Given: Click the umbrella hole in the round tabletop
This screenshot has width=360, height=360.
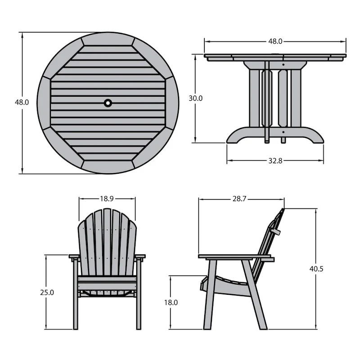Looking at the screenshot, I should tap(108, 103).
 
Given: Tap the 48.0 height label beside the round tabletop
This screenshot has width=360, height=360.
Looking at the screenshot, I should tap(22, 102).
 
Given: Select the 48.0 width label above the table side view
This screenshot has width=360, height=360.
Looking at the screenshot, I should tap(275, 41).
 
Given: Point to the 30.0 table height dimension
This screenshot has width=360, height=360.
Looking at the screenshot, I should tap(195, 98).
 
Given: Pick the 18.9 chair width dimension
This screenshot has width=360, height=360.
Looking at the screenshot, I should tap(107, 198).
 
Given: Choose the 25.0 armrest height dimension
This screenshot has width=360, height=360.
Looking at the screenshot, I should tap(47, 292).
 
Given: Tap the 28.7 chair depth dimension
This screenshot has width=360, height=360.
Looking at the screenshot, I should tap(239, 198).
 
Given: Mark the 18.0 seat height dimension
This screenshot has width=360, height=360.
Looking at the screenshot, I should tap(171, 302).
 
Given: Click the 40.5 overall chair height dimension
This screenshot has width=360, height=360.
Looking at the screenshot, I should tap(316, 269).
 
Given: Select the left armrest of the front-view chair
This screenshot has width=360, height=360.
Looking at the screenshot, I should tap(74, 257).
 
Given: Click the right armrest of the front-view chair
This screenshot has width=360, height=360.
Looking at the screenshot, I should tap(140, 257).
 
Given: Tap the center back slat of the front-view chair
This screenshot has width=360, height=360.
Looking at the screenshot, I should tap(107, 243).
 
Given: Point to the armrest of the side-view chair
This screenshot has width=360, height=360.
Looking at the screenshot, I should tap(236, 257).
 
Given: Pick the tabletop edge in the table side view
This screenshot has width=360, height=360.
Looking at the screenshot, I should tap(275, 57).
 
